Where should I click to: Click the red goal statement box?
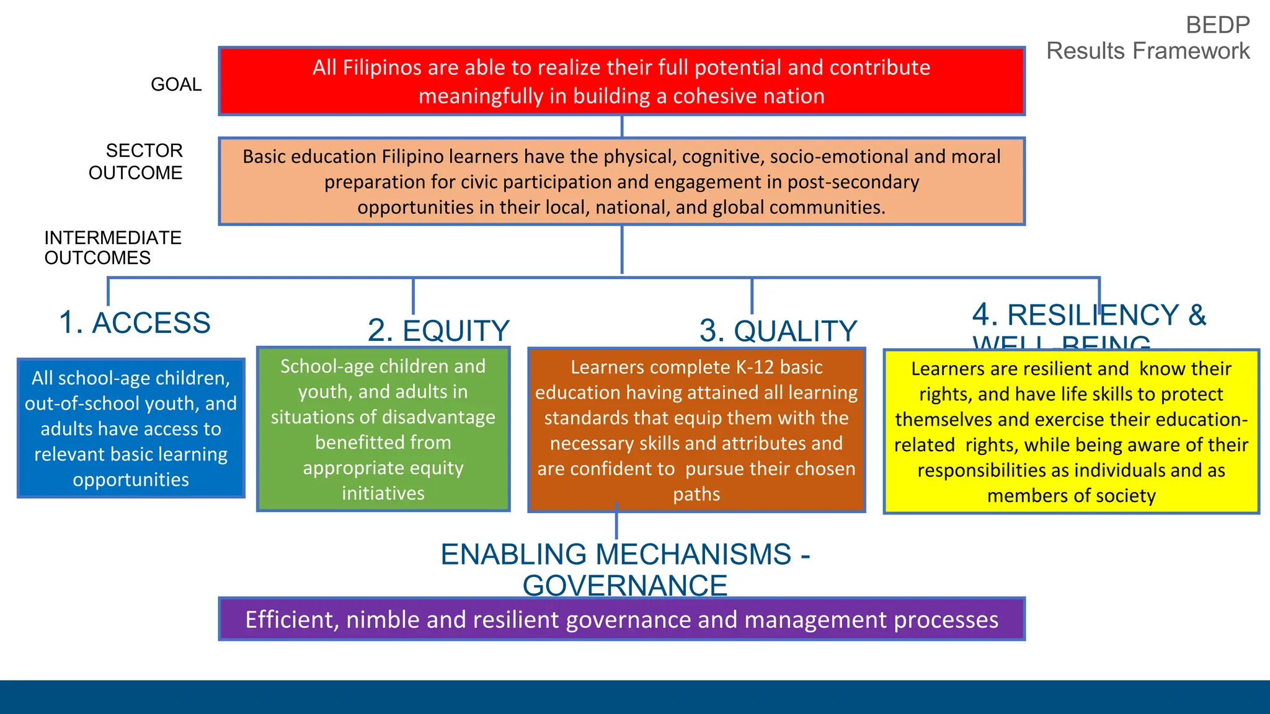621,81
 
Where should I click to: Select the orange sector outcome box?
621,181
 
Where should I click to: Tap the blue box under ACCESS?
131,428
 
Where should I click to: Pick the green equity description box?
383,430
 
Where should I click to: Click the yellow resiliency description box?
1071,432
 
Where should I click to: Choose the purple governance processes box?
621,619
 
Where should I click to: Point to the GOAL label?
176,84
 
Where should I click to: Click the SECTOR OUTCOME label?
136,162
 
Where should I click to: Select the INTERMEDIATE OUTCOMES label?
112,248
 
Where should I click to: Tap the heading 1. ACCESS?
135,323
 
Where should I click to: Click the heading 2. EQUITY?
438,330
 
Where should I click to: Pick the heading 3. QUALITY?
778,330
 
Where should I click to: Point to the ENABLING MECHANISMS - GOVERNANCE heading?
625,570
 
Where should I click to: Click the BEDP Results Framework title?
1148,38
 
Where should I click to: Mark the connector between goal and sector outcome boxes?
622,126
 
